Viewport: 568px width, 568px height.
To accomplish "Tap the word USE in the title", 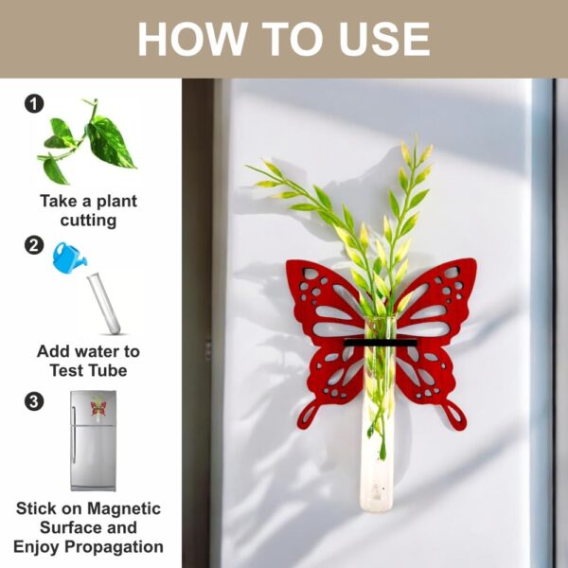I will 380,39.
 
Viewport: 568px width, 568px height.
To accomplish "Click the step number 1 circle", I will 34,104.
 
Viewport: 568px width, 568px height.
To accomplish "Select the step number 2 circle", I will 34,245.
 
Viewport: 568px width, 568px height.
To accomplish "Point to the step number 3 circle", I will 34,401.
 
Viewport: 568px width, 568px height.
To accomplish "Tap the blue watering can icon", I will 69,257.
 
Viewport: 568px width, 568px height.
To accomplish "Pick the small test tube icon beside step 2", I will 105,302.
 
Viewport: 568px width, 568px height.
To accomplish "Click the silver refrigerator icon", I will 93,440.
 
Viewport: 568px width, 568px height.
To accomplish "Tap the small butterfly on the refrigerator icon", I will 98,408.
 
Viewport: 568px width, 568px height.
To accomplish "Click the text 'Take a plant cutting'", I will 88,210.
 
